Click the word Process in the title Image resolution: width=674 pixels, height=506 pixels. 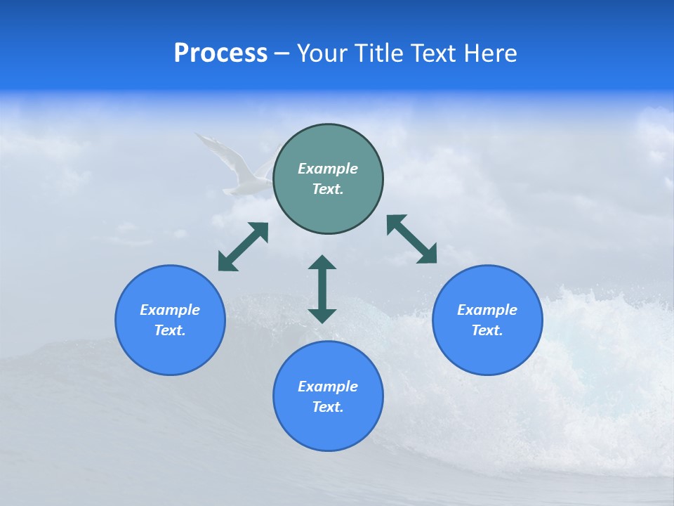click(220, 53)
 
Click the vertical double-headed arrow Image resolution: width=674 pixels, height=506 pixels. click(322, 289)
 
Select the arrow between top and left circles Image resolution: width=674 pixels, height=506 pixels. click(243, 247)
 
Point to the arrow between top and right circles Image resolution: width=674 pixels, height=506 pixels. click(411, 239)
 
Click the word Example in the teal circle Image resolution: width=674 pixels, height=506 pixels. click(328, 169)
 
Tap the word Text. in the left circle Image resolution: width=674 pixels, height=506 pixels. click(170, 330)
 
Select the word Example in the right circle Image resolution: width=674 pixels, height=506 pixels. click(487, 310)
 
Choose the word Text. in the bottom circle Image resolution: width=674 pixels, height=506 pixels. click(328, 407)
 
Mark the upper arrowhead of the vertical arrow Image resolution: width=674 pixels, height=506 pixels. click(322, 263)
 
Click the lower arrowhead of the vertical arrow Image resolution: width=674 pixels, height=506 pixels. click(322, 316)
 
